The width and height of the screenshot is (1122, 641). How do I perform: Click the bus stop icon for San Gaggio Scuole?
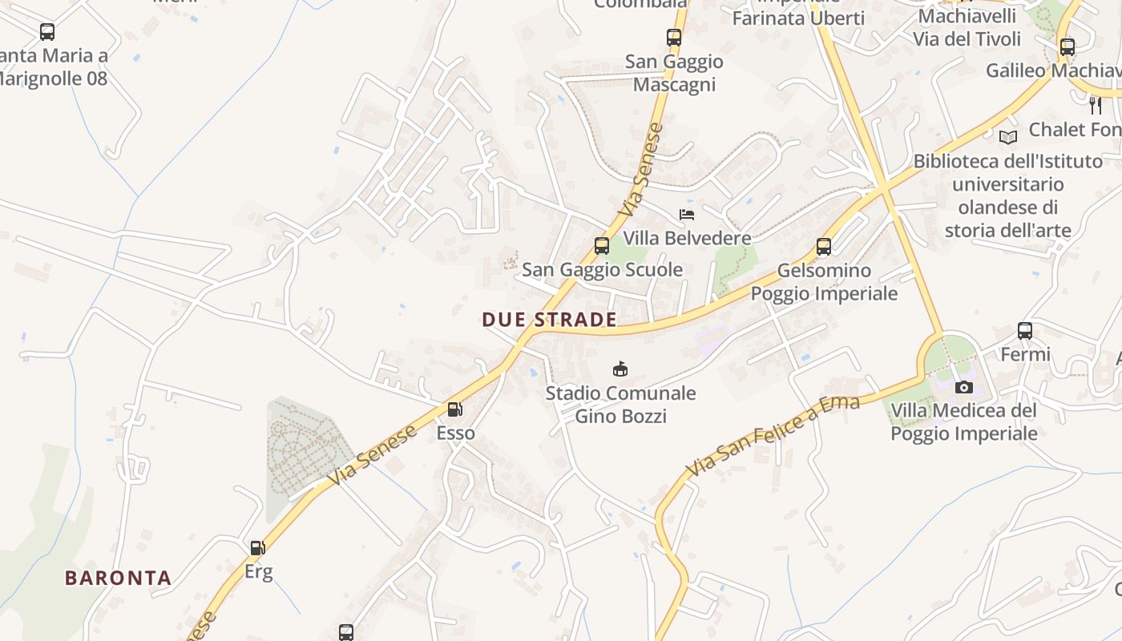tap(602, 246)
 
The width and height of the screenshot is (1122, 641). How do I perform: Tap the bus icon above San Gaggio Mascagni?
tap(674, 37)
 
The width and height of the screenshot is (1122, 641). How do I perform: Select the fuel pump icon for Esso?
tap(454, 409)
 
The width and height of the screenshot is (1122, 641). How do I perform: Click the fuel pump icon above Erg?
tap(257, 548)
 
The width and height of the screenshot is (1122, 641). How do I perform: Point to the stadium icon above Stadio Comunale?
tap(620, 369)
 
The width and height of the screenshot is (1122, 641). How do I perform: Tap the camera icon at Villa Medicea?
tap(964, 387)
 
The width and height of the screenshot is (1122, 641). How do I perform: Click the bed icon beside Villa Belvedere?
tap(687, 214)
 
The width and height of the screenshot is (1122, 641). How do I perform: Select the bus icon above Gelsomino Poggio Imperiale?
tap(824, 246)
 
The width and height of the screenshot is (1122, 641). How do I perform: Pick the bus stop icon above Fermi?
tap(1025, 330)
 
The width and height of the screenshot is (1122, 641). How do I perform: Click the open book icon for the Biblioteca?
tap(1008, 137)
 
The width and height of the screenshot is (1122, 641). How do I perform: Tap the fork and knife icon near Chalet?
tap(1095, 105)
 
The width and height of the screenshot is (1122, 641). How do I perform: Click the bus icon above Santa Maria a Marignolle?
tap(47, 32)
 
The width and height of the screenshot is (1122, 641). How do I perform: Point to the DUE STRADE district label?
tap(550, 320)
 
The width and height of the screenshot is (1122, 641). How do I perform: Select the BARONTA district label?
tap(119, 578)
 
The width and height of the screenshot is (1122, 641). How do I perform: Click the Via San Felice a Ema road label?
tap(773, 437)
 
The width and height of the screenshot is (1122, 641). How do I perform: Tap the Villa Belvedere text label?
tap(688, 238)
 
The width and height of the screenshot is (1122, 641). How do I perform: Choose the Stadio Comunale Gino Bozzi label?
tap(621, 405)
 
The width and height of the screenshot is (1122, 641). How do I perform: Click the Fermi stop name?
tap(1025, 354)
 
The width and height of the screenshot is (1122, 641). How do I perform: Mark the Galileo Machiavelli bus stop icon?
tap(1067, 46)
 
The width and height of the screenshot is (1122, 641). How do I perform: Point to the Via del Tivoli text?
tap(967, 38)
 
